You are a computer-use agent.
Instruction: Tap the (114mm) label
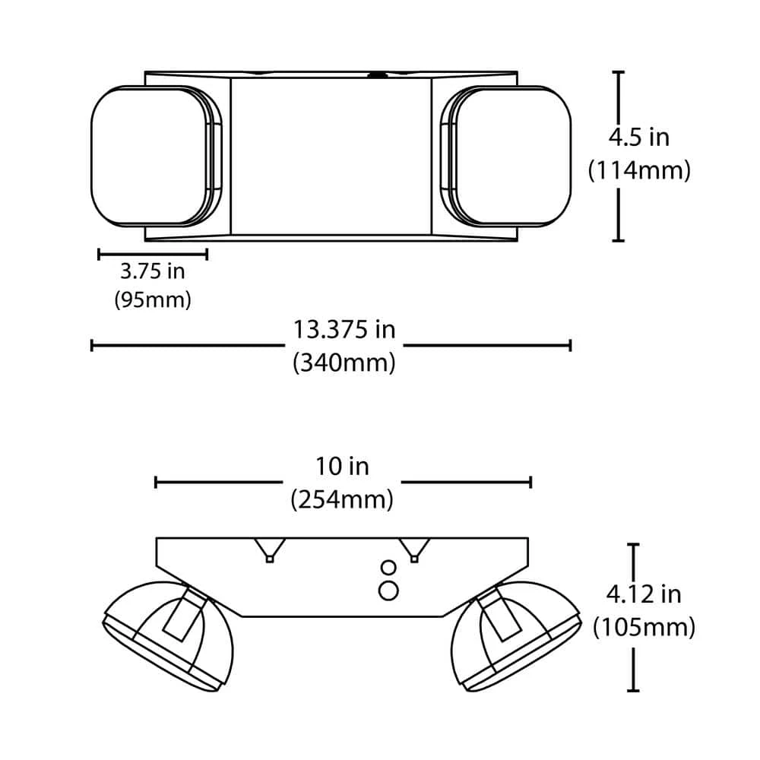pos(639,170)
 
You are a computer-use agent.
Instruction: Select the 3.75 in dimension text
pos(153,271)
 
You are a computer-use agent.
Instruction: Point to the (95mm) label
pos(153,299)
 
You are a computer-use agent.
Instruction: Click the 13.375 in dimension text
pos(344,330)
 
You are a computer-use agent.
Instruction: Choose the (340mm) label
pos(344,362)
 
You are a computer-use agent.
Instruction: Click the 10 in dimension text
pos(342,467)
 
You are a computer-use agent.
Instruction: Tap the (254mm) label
pos(342,499)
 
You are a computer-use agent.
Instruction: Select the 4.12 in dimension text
pos(644,594)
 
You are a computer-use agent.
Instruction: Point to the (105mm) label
pos(644,627)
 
